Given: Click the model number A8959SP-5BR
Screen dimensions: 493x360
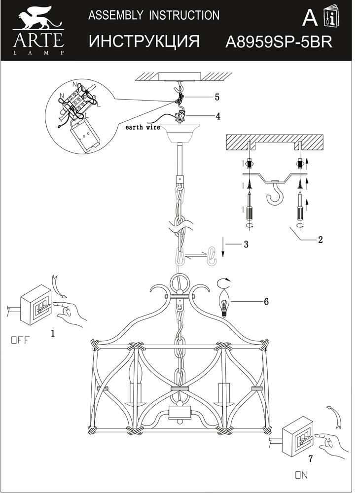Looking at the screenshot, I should tap(278, 41).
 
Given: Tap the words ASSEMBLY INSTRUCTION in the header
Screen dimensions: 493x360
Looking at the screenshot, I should tap(153, 16).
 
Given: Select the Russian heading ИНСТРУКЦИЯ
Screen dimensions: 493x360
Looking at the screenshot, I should tap(144, 41).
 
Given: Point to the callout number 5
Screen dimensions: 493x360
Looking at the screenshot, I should tap(217, 97).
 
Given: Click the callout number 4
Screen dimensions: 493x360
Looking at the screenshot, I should tap(217, 117).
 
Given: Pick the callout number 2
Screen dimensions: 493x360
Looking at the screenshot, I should tap(320, 240).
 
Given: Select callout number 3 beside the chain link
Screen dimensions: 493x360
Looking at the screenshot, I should tap(246, 244).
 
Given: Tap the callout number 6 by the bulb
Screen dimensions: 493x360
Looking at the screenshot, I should tap(266, 302).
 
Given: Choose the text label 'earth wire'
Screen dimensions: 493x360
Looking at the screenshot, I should tap(143, 127).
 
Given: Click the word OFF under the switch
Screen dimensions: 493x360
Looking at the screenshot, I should tap(20, 340).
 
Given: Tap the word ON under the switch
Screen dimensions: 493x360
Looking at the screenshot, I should tap(301, 475).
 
